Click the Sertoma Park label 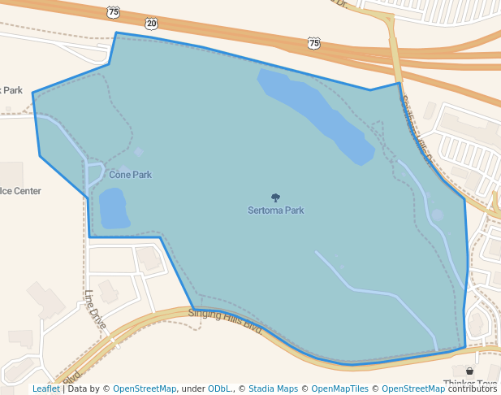(x=276, y=211)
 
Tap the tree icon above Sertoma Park (x=276, y=197)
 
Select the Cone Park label (x=130, y=175)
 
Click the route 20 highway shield (x=152, y=24)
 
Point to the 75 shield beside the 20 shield (x=113, y=11)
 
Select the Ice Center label (x=21, y=191)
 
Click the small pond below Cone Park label (x=114, y=208)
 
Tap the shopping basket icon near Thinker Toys (x=469, y=371)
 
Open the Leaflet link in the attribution (x=45, y=389)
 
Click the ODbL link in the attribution (x=218, y=389)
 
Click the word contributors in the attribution (x=472, y=389)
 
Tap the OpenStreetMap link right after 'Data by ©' (x=145, y=389)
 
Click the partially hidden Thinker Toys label (x=472, y=384)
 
